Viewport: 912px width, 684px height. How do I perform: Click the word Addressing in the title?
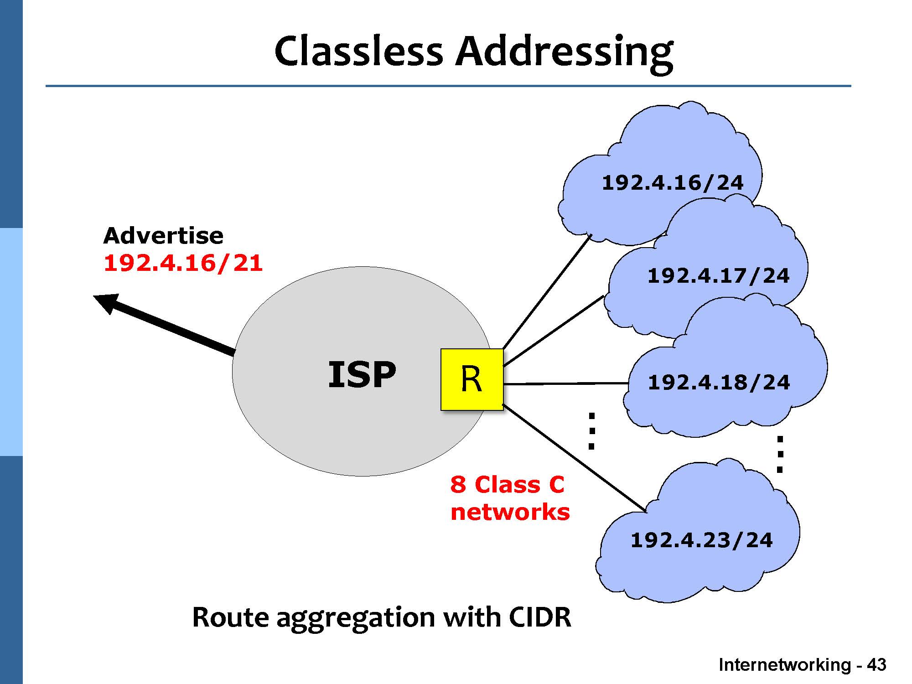point(565,51)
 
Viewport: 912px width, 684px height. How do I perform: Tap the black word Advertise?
point(163,236)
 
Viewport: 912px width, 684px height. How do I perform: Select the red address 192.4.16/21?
point(183,263)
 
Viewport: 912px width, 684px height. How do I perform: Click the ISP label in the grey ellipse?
point(362,375)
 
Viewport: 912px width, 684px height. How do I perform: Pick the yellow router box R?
point(472,379)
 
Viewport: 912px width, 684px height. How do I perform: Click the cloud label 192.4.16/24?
point(673,183)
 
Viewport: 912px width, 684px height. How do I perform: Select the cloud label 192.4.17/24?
point(718,276)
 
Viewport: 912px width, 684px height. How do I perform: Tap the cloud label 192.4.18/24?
point(719,383)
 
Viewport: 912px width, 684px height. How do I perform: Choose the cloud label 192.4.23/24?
point(701,540)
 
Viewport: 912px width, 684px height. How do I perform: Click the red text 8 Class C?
point(507,485)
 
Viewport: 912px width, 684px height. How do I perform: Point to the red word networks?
point(510,512)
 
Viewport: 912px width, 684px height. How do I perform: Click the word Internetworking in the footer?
point(784,665)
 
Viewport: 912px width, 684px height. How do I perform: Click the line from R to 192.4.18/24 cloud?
point(565,384)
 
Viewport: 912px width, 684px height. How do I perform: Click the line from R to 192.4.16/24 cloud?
point(547,292)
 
